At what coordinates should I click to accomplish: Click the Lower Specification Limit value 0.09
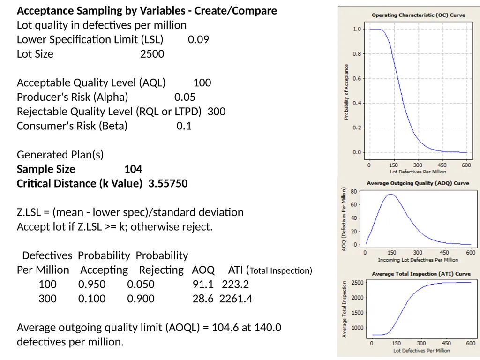(198, 39)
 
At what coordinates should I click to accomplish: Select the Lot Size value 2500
(152, 54)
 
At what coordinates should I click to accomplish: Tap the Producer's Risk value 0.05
(185, 97)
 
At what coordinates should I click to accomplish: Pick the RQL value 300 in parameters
(217, 112)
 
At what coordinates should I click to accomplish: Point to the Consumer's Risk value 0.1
(184, 126)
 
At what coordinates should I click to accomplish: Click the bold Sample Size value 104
(133, 169)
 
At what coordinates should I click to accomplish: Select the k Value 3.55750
(168, 183)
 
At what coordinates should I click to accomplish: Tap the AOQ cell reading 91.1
(203, 285)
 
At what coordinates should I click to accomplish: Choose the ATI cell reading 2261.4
(236, 299)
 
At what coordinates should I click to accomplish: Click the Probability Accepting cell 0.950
(92, 285)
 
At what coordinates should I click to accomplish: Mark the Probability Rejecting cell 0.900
(141, 299)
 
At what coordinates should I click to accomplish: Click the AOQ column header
(203, 270)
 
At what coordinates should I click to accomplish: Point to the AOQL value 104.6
(225, 328)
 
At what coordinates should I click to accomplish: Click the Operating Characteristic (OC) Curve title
(418, 15)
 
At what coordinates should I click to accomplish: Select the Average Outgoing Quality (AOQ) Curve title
(418, 183)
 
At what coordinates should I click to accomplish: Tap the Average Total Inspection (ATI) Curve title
(421, 274)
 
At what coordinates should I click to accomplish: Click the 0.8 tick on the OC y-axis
(357, 54)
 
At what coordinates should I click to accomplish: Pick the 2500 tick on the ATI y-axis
(358, 283)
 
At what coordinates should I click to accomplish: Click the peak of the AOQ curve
(391, 194)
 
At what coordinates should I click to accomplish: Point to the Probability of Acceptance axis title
(346, 92)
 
